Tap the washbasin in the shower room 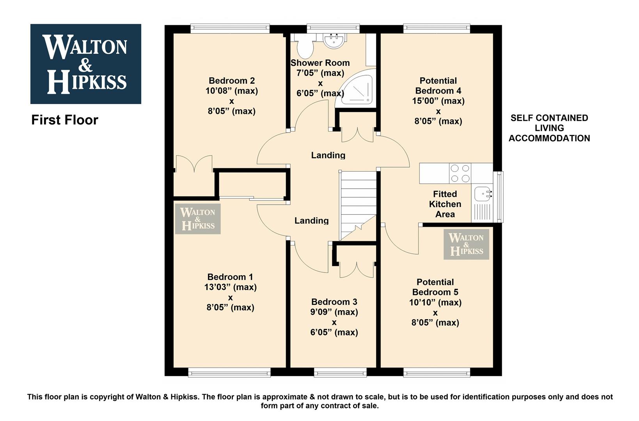click(x=335, y=41)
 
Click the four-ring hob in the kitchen click(x=460, y=173)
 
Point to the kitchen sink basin click(x=483, y=194)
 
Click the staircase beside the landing click(x=357, y=205)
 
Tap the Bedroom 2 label click(x=232, y=81)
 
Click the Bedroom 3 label click(x=334, y=302)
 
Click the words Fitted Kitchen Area click(x=445, y=204)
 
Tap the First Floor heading click(x=65, y=120)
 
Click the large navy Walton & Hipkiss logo click(x=85, y=64)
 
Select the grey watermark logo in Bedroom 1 click(x=198, y=219)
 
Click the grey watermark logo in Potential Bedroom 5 click(x=467, y=244)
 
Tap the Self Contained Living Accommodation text click(x=549, y=128)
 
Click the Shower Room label click(x=320, y=63)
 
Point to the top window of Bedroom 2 click(x=230, y=28)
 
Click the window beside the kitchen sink click(x=500, y=197)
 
